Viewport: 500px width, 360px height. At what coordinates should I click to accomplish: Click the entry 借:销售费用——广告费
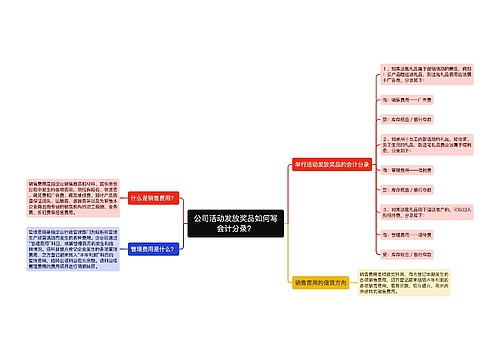[410, 100]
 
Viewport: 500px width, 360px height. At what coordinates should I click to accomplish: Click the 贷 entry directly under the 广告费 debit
[406, 117]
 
